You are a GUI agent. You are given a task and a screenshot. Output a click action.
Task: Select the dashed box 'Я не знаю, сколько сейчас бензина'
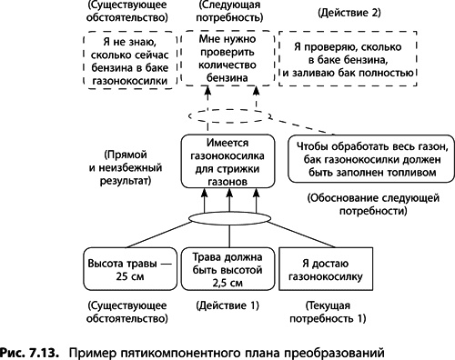(126, 61)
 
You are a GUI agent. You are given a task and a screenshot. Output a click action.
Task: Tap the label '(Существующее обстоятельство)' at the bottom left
(126, 312)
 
